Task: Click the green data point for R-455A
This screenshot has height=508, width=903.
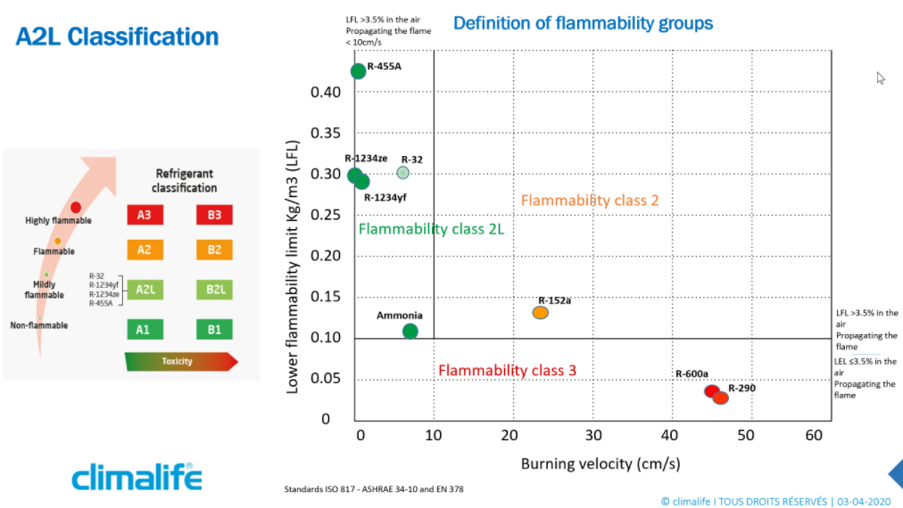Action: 358,71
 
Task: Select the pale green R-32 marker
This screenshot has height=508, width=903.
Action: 403,173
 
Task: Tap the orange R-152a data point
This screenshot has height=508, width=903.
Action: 540,313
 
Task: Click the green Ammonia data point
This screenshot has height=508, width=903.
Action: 410,332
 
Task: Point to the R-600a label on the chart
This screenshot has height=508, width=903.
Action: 692,374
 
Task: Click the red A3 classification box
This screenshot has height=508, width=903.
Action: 145,215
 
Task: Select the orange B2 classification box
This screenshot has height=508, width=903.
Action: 214,250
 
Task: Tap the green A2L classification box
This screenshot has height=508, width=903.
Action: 145,290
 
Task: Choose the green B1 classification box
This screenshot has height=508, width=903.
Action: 214,330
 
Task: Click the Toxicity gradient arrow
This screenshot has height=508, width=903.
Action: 181,361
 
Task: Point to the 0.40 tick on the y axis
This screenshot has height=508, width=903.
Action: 326,92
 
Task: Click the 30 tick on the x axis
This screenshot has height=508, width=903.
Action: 593,436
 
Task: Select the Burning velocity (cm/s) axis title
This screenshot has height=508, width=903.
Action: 601,463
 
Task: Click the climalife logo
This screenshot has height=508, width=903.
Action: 137,477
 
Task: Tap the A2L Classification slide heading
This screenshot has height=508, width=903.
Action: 117,37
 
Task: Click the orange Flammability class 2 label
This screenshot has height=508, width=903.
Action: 590,201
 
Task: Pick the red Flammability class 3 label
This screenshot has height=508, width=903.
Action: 507,370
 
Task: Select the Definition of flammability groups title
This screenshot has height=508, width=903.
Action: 583,23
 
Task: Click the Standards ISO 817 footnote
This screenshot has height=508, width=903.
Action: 374,489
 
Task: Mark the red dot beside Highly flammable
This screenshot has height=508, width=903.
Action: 76,207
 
